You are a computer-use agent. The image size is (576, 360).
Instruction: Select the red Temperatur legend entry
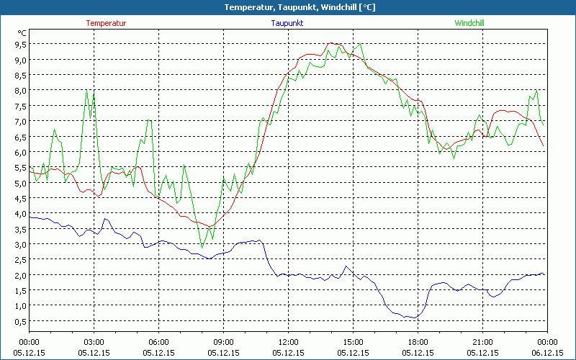tap(106, 23)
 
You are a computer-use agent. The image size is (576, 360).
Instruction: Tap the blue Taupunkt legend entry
tap(287, 23)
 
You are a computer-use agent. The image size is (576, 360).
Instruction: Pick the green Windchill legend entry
tap(469, 23)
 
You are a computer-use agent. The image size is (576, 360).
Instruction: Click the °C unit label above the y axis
tap(22, 33)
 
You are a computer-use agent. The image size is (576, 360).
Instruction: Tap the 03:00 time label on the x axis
tap(94, 342)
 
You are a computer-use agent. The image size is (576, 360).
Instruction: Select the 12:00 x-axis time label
tap(288, 342)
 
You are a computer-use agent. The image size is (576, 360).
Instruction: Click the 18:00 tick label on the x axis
tap(418, 342)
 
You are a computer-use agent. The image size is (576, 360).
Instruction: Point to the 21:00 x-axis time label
tap(482, 342)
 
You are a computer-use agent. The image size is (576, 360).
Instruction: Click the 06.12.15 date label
tap(547, 353)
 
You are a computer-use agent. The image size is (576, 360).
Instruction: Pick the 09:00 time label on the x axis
tap(223, 342)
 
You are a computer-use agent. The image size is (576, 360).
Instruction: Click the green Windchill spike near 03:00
tap(87, 91)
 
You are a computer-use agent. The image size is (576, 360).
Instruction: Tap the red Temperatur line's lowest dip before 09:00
tap(210, 227)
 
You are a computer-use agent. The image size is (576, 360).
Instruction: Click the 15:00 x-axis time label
tap(353, 342)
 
